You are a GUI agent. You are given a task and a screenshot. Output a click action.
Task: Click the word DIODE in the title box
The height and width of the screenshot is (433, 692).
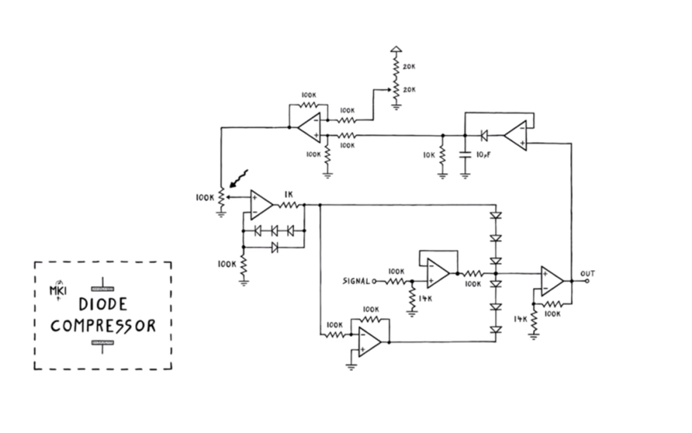click(103, 304)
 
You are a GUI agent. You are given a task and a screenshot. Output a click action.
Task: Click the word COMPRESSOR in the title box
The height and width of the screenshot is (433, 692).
click(103, 326)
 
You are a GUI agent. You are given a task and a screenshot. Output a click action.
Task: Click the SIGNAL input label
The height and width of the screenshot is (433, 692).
click(356, 281)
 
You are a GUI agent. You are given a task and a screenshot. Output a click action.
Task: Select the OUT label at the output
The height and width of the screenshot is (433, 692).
click(587, 273)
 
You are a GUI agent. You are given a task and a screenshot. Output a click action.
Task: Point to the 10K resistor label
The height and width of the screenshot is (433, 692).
click(429, 155)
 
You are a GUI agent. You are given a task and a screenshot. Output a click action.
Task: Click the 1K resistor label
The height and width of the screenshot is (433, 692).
click(289, 194)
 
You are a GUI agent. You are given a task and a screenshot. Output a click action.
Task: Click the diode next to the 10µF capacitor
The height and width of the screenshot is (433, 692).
click(484, 135)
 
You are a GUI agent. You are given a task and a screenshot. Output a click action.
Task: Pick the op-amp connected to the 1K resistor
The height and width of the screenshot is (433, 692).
click(260, 205)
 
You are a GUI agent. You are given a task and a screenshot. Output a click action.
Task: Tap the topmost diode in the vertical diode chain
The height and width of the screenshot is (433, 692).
click(495, 216)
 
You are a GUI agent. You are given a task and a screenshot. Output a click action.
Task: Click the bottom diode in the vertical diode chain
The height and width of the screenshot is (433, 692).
click(495, 330)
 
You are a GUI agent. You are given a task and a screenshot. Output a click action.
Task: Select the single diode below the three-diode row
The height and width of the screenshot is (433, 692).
click(274, 247)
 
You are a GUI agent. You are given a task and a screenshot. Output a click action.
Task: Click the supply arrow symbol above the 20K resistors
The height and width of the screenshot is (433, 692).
click(396, 49)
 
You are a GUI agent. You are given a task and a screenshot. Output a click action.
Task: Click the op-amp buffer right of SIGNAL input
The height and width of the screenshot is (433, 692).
click(439, 273)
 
